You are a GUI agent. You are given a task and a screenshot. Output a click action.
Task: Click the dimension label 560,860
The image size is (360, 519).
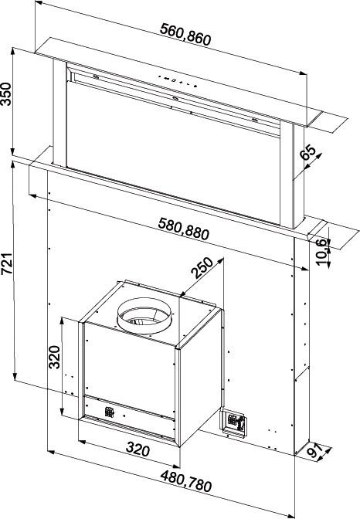pyautogui.click(x=185, y=34)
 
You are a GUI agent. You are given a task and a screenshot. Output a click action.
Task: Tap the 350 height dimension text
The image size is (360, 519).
pyautogui.click(x=6, y=94)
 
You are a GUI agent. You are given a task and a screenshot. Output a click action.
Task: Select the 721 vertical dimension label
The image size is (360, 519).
pyautogui.click(x=6, y=264)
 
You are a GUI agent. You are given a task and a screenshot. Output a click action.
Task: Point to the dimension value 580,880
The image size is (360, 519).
pyautogui.click(x=184, y=229)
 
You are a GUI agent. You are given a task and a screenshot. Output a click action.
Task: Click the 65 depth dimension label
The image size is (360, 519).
pyautogui.click(x=308, y=153)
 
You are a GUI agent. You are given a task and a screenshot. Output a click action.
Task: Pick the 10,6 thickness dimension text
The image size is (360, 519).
pyautogui.click(x=322, y=252)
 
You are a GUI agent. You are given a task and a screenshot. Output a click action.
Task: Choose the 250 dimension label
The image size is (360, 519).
pyautogui.click(x=202, y=267)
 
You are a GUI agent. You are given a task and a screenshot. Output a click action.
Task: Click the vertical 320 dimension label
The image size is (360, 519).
pyautogui.click(x=54, y=357)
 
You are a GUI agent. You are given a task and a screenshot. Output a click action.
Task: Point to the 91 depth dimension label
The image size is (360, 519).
pyautogui.click(x=315, y=451)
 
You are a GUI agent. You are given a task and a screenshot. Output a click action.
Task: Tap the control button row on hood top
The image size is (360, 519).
pyautogui.click(x=178, y=81)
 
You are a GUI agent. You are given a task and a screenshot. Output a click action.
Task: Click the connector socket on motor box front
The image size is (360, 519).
pyautogui.click(x=110, y=412)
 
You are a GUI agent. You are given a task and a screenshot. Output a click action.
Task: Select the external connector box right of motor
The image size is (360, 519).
pyautogui.click(x=233, y=422)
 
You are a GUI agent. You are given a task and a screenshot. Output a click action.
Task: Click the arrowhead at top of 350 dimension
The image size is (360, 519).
pyautogui.click(x=13, y=51)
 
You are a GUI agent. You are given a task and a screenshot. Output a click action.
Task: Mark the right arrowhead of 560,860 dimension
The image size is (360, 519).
pyautogui.click(x=303, y=73)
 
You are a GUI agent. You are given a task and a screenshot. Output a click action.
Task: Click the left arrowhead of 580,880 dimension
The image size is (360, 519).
pyautogui.click(x=33, y=196)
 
